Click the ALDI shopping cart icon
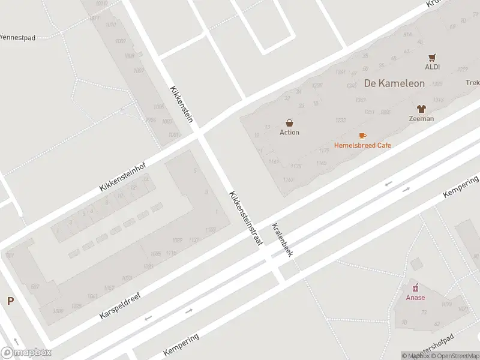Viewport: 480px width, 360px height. [433, 58]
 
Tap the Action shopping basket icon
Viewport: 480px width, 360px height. [289, 123]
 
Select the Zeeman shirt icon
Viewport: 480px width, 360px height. [421, 109]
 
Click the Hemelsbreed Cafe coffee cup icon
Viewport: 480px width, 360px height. [362, 136]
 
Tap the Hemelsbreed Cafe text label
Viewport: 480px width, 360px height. [362, 145]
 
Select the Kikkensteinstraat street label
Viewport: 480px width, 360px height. [245, 218]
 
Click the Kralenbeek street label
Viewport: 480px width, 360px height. [281, 240]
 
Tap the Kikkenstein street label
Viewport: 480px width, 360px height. [181, 103]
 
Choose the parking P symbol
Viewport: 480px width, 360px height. [10, 301]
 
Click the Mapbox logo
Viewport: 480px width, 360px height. [26, 353]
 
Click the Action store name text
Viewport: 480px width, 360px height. [289, 133]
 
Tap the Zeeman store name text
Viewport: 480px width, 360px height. [421, 119]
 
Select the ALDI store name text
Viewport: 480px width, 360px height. [433, 67]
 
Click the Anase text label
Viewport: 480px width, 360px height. [415, 298]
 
